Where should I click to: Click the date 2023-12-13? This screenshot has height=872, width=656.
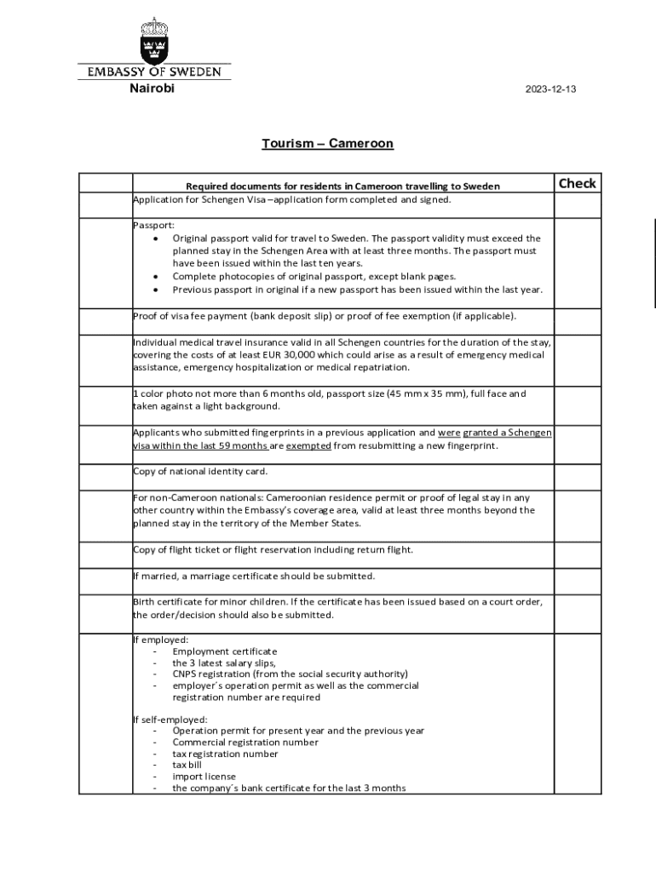(x=550, y=89)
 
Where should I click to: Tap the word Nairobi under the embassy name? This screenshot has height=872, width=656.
(x=152, y=89)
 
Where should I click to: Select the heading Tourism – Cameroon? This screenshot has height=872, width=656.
(x=327, y=143)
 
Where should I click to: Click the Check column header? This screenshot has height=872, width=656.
(x=577, y=184)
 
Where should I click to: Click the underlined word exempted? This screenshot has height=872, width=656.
(x=308, y=445)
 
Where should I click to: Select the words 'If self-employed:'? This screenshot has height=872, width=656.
(x=170, y=720)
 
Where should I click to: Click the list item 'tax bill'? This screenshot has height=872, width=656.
(x=187, y=765)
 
